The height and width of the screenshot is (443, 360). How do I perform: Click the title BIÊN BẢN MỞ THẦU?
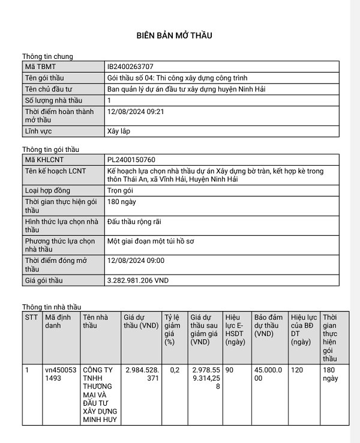[x=173, y=35]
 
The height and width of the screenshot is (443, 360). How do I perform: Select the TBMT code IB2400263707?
[x=134, y=67]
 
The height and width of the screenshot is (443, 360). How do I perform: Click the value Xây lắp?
[x=118, y=130]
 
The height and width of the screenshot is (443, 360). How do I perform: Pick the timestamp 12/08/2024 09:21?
[x=136, y=111]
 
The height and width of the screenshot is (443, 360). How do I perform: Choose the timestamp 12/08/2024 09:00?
[x=136, y=261]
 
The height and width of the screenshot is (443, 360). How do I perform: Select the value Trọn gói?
[x=120, y=190]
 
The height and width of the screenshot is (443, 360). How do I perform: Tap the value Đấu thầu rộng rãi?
[x=134, y=221]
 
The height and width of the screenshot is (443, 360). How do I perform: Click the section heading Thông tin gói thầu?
[x=50, y=149]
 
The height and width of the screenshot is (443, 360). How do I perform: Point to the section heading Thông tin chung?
[x=47, y=56]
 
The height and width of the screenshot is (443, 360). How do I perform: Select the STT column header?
[x=31, y=316]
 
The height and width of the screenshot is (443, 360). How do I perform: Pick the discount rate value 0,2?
[x=175, y=370]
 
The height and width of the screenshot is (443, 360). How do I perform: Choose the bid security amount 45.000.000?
[x=268, y=375]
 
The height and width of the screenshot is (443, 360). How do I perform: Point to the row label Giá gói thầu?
[x=44, y=280]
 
